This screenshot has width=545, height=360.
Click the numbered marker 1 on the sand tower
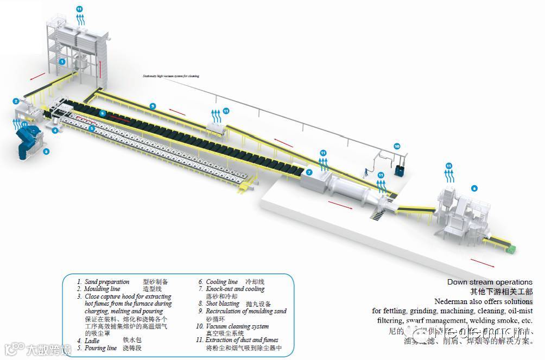(x=62, y=62)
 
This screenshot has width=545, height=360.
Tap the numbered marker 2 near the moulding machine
(x=16, y=101)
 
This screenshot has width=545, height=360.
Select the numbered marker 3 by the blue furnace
(x=46, y=151)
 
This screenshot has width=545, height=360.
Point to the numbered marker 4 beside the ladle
(x=55, y=130)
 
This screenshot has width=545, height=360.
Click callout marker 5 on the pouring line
(x=92, y=129)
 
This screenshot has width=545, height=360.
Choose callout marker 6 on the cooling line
(x=102, y=113)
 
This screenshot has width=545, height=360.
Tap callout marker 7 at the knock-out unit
(x=309, y=172)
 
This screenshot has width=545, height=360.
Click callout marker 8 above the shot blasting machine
(x=474, y=188)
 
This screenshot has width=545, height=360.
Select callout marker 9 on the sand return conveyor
(x=153, y=106)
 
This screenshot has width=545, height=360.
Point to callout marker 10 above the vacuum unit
(x=397, y=146)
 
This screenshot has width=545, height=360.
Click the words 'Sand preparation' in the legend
(x=107, y=282)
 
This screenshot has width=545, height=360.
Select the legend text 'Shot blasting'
(x=223, y=304)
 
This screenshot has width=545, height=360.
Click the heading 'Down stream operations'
(x=490, y=282)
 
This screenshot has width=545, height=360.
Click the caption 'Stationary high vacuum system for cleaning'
(x=170, y=76)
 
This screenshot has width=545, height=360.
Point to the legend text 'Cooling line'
(x=221, y=282)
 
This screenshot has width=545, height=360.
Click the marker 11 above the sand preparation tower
(x=80, y=9)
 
